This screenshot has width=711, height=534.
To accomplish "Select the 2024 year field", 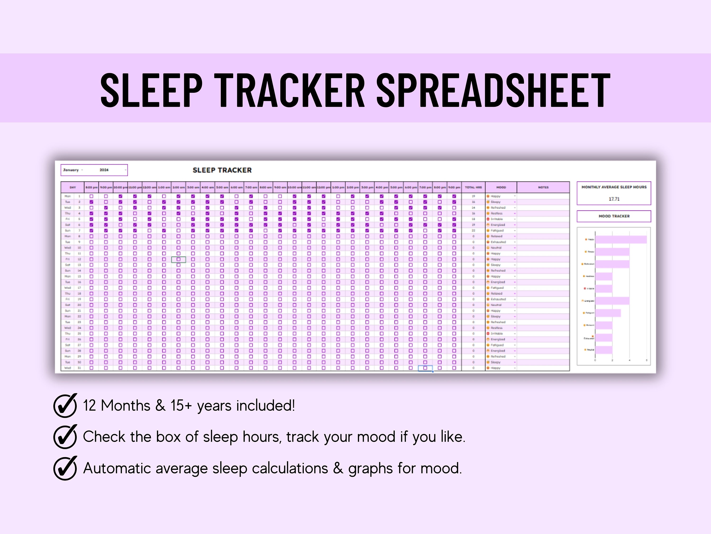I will point(104,170).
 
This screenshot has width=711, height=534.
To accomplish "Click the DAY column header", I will point(73,187).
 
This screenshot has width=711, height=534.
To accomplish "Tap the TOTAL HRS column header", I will point(473,187).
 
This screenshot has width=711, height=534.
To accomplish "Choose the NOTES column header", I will point(543,187).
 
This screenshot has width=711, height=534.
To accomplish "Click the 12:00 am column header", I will point(150,187).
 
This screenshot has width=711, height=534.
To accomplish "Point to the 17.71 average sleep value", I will point(614,199).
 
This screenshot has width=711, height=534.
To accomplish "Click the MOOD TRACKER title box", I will point(614,216).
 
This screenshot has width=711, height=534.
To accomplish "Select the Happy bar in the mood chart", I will point(620,239).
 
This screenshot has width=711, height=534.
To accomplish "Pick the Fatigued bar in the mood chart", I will point(607,313).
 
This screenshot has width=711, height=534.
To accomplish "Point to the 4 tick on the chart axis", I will point(629,361).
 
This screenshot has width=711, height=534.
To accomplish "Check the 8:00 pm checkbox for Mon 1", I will point(91,196).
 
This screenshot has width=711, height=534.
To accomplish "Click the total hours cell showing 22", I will point(473,230).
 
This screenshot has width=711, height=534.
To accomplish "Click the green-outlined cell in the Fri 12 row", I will point(178,259).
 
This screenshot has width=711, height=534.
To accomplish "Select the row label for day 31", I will point(73,368).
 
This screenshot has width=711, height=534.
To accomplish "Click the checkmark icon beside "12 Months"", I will point(65,406).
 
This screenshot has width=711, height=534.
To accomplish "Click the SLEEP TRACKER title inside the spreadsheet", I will point(222,170).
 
